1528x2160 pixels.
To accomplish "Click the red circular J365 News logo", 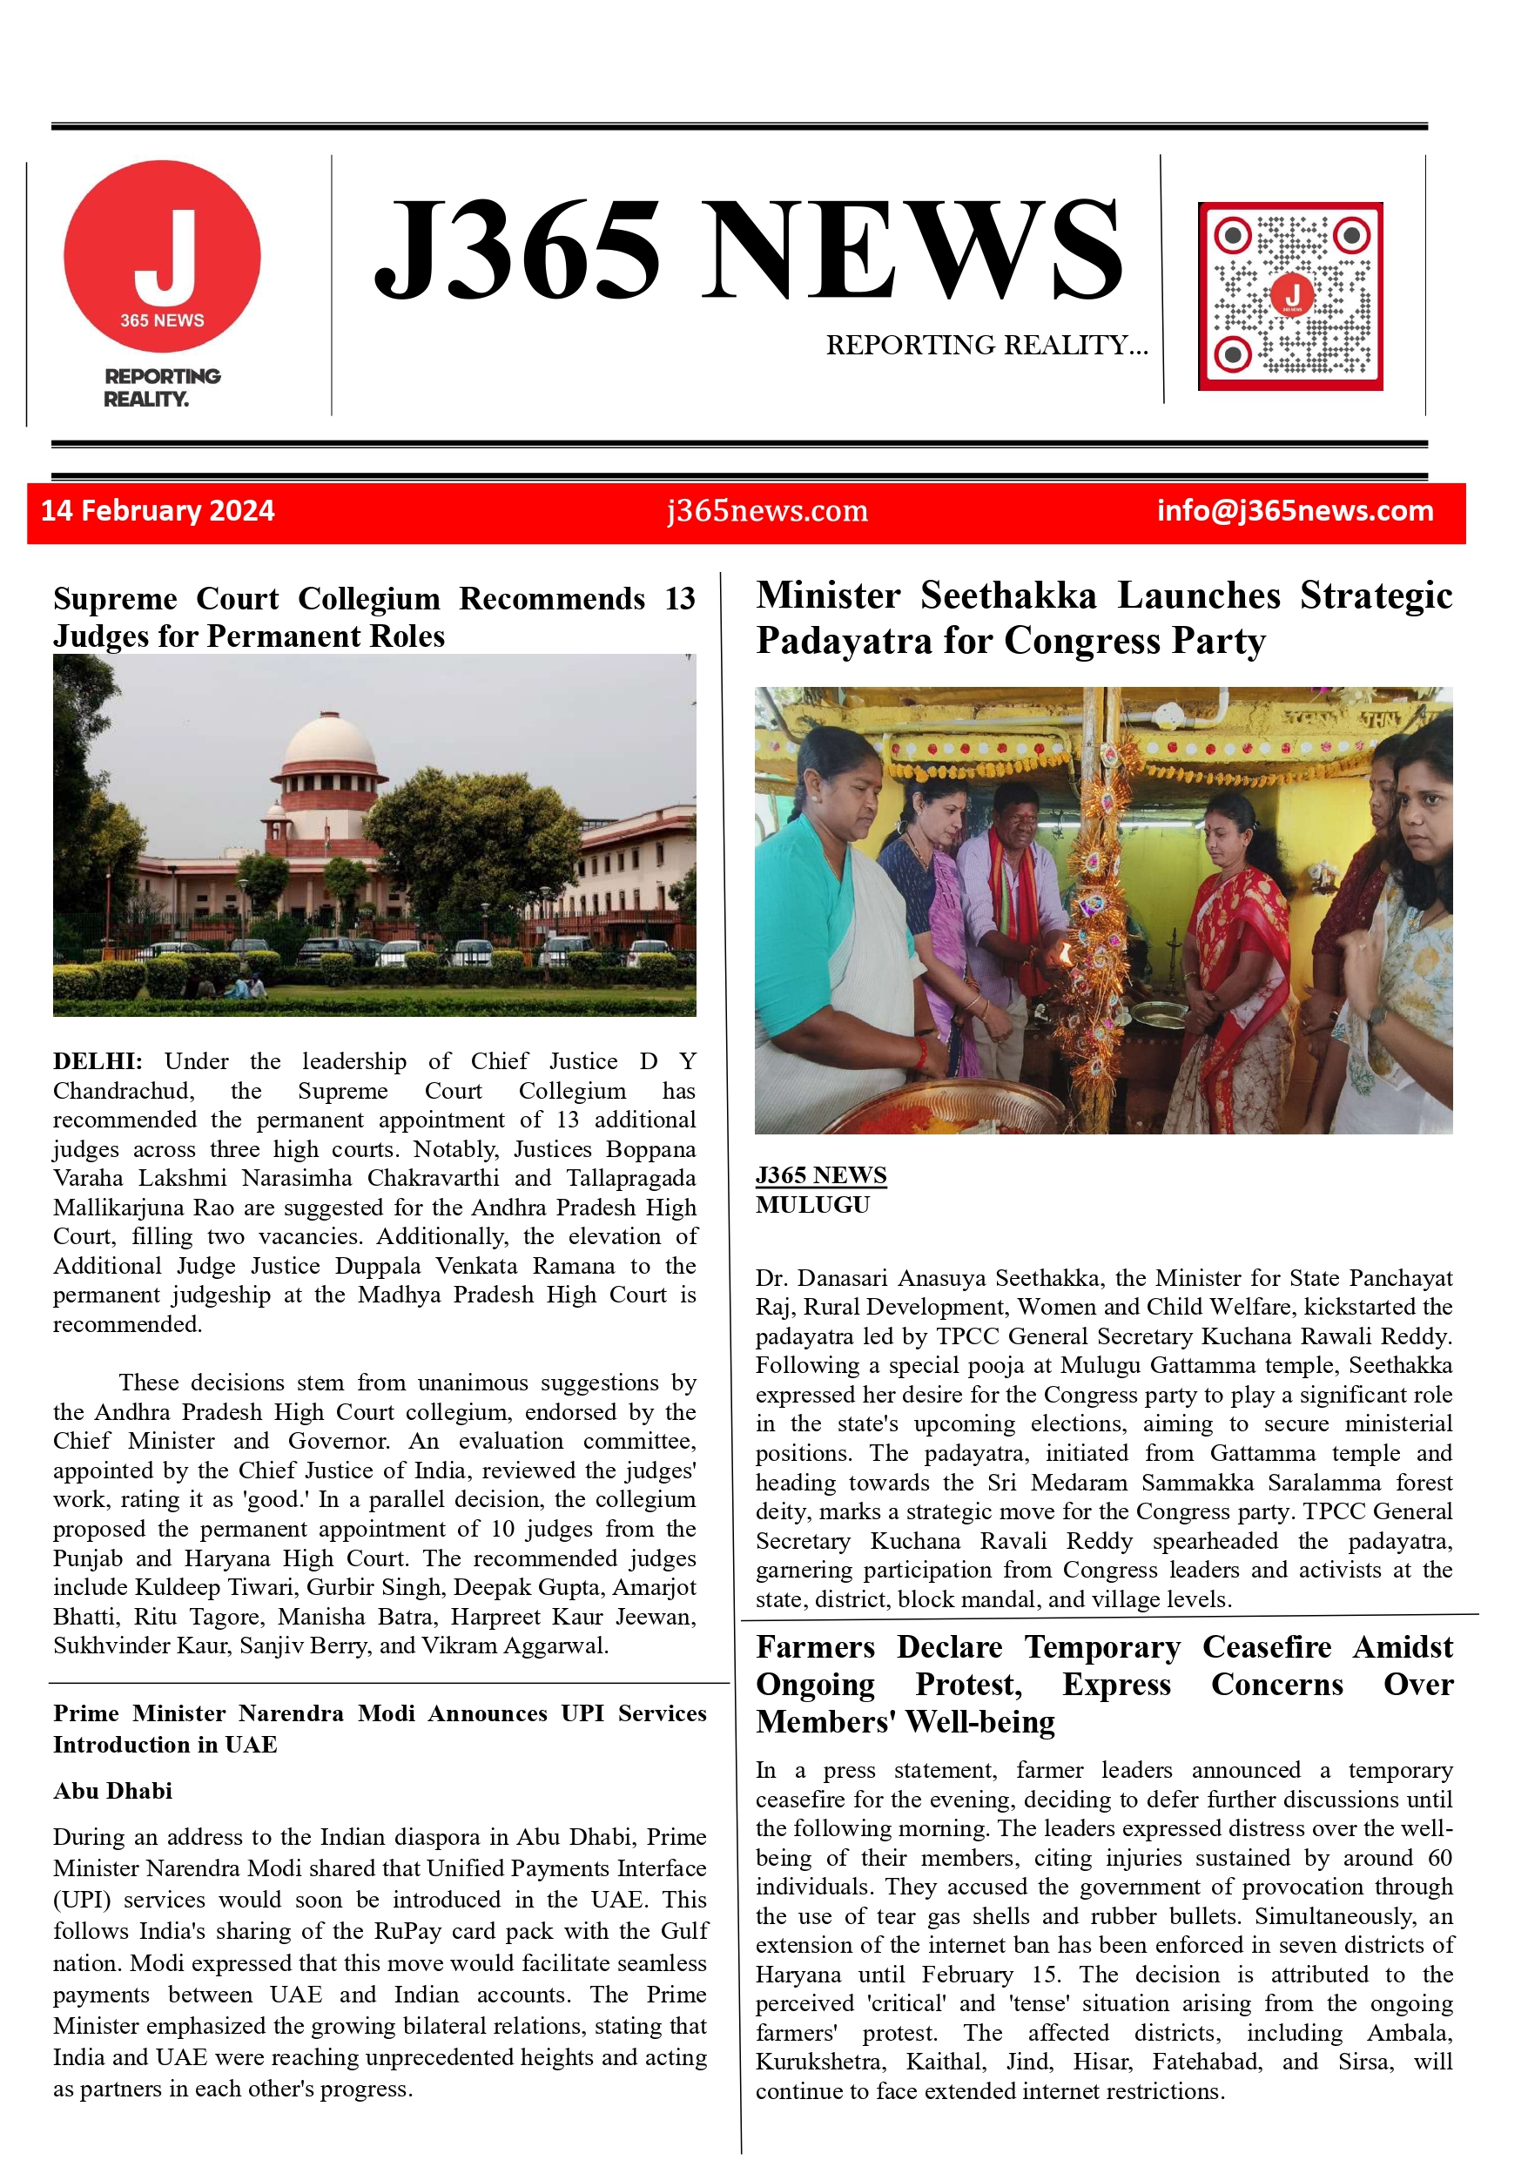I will tap(162, 257).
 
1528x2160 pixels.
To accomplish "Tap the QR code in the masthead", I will tap(1290, 296).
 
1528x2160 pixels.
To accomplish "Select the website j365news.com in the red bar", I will tap(767, 511).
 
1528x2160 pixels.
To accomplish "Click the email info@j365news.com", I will tap(1295, 511).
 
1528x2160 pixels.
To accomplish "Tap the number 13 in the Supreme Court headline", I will tap(679, 599).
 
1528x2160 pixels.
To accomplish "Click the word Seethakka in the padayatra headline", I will tap(1007, 596).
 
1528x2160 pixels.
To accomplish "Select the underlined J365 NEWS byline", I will tap(820, 1175).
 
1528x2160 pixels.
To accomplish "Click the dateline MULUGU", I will tap(812, 1205).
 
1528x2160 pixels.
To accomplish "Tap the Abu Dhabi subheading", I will tap(113, 1790).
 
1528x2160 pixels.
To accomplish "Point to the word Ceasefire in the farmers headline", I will tap(1267, 1647).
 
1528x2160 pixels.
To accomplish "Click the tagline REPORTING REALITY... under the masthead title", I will tap(987, 346).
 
